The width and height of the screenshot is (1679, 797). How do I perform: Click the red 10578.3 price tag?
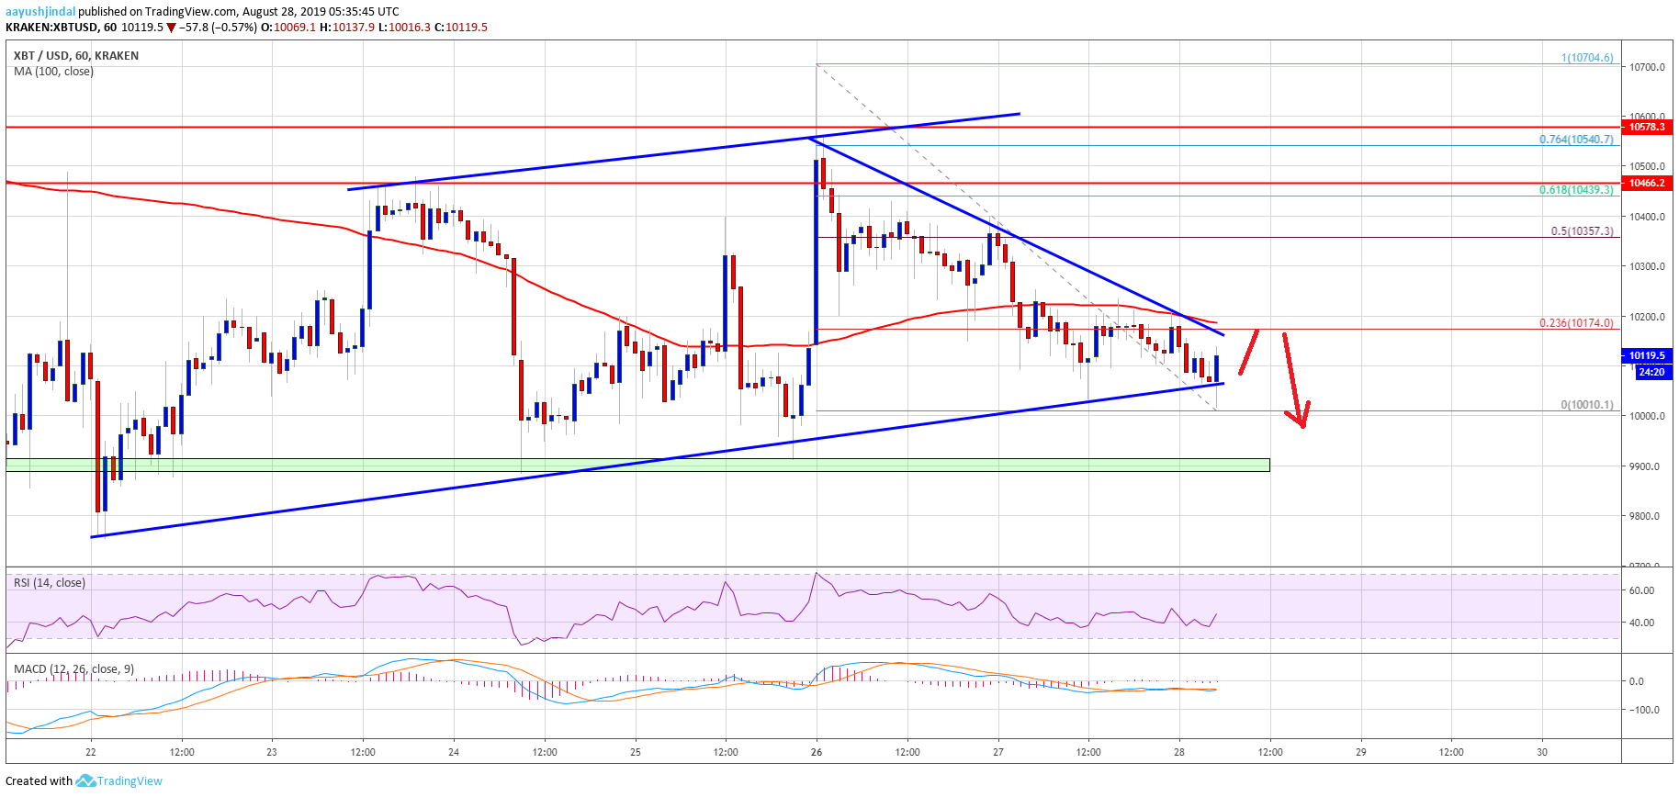[1647, 127]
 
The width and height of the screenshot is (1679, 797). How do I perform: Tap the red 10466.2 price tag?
[1647, 184]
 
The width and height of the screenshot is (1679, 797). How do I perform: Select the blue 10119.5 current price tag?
[1647, 355]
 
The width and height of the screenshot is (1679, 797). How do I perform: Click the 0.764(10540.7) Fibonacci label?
[1576, 140]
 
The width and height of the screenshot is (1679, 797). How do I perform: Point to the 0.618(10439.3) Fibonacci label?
[1576, 190]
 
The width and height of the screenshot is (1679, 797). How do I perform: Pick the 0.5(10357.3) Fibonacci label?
[1582, 231]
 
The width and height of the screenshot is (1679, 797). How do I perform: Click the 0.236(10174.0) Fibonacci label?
[1576, 323]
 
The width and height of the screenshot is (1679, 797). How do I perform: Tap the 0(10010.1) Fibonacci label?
[1586, 405]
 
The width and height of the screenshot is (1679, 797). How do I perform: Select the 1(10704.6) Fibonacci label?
[1587, 58]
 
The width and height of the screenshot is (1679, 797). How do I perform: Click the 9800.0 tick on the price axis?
[1647, 516]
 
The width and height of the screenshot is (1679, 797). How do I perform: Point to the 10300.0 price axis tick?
[1647, 266]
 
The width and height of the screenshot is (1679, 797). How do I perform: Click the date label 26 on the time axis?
[817, 752]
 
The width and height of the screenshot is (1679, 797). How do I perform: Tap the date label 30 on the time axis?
[1542, 752]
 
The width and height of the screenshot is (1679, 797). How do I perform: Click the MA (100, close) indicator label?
[53, 72]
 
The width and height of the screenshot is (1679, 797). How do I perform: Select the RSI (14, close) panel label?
[50, 583]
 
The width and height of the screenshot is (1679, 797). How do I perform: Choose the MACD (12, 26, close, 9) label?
[73, 668]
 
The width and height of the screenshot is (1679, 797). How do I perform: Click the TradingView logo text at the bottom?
[129, 781]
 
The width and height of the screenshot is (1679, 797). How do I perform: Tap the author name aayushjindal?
[40, 12]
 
